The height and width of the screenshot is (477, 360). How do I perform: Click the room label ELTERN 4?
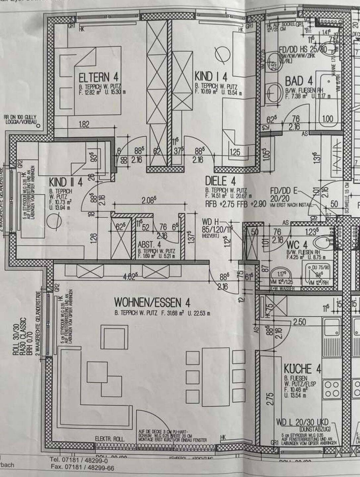pos(98,78)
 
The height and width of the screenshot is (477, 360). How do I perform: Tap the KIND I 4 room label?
pos(211,77)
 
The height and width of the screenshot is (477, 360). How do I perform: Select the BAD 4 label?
pos(299,81)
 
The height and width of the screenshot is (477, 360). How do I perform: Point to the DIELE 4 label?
pos(220,181)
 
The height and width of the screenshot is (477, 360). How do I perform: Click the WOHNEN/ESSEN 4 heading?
pos(152,302)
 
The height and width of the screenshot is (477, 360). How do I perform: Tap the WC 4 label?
pos(297,245)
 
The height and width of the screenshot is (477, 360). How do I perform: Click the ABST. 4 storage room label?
pos(149,245)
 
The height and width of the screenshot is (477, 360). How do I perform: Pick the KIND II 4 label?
pos(66,182)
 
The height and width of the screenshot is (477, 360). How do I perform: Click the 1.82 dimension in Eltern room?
pos(84,125)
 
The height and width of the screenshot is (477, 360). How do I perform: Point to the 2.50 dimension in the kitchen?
pos(299,322)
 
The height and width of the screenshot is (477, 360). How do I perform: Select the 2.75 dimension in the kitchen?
pos(270,399)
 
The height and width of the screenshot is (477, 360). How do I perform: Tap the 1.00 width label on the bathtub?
pos(328,118)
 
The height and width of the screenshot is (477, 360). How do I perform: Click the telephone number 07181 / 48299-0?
pos(79,460)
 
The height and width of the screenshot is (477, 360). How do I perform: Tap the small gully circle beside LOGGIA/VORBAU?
pos(38,126)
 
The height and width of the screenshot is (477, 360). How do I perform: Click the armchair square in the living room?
pos(114,337)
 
